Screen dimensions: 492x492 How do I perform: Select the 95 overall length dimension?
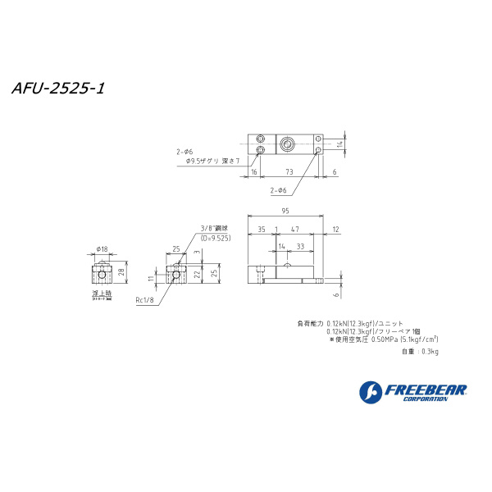click(x=285, y=211)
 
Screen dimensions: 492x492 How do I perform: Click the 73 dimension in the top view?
click(x=289, y=172)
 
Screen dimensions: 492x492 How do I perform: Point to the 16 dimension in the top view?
click(x=254, y=172)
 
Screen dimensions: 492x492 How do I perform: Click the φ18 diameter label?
click(x=102, y=248)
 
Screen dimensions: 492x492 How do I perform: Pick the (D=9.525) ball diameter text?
click(x=215, y=238)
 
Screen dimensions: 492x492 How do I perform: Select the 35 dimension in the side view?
click(x=261, y=230)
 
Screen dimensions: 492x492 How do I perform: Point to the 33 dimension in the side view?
click(x=302, y=245)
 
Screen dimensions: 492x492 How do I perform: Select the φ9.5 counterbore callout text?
click(x=207, y=161)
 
